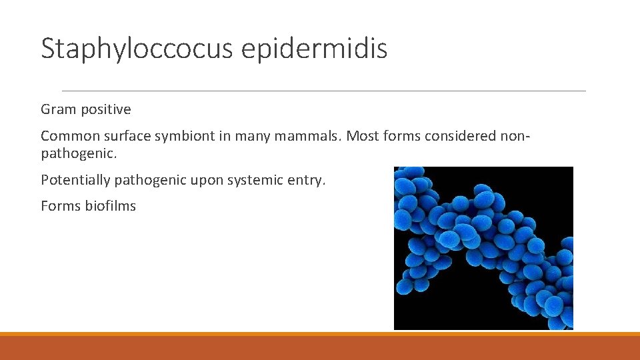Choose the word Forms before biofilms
(61, 206)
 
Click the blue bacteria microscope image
(483, 248)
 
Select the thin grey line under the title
(323, 91)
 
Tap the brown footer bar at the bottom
(320, 347)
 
